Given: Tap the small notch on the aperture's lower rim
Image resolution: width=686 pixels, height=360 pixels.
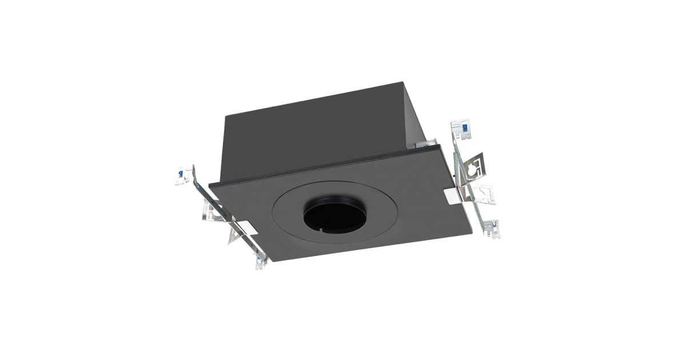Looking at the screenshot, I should click(x=322, y=231).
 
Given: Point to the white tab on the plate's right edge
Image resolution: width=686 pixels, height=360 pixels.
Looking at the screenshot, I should click(x=452, y=196).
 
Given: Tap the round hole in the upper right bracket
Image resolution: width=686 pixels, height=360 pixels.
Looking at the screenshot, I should click(x=473, y=169).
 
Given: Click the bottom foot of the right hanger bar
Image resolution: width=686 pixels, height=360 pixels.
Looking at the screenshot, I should click(x=492, y=230).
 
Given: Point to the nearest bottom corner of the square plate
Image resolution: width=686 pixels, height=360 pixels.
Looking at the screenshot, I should click(x=269, y=261).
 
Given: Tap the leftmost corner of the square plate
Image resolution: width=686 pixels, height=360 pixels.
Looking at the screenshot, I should click(x=209, y=184).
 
